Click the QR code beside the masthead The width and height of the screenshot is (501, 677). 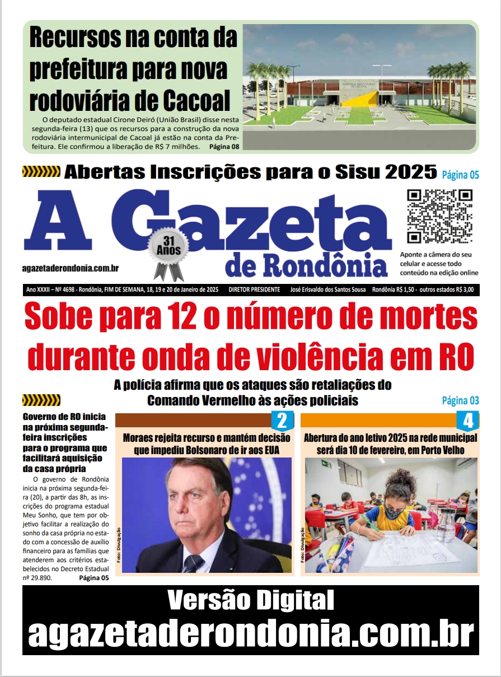click(x=439, y=216)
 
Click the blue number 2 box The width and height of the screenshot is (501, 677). click(x=282, y=421)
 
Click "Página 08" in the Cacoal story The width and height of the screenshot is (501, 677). click(x=224, y=147)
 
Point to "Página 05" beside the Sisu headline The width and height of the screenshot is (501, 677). click(x=460, y=175)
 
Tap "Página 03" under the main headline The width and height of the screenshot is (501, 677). click(x=460, y=400)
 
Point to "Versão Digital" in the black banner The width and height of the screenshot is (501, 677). click(x=250, y=601)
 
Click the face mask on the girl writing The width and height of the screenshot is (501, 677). click(x=394, y=511)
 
